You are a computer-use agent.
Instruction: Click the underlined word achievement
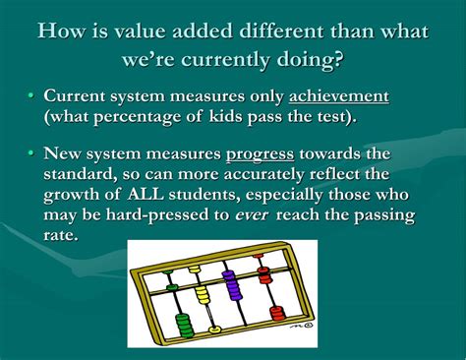tap(339, 96)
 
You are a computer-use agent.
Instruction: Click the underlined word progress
tap(259, 153)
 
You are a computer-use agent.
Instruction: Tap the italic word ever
tap(254, 214)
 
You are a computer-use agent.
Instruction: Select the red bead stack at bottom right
tap(277, 313)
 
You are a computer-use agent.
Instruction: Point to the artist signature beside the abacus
tap(306, 321)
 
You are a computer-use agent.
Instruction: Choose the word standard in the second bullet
tap(86, 174)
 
